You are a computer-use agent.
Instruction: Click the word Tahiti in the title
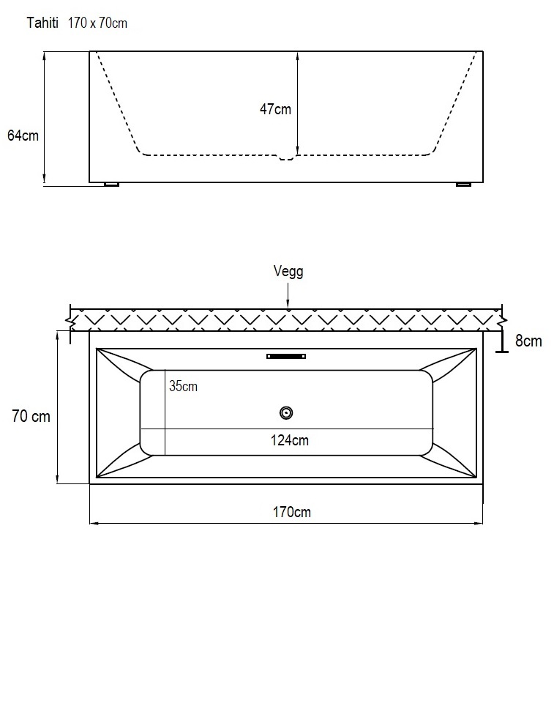(x=42, y=23)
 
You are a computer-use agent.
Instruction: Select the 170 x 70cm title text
(x=97, y=23)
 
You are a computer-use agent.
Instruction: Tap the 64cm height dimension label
(x=23, y=136)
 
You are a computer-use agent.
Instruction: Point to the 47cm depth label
(x=275, y=109)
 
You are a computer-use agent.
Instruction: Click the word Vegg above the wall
(x=288, y=271)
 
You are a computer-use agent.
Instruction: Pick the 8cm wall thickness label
(x=528, y=341)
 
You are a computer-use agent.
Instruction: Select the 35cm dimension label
(x=183, y=386)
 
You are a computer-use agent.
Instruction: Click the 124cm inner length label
(x=290, y=440)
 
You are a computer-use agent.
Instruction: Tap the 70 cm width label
(x=31, y=416)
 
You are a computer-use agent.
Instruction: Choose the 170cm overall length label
(x=292, y=512)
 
